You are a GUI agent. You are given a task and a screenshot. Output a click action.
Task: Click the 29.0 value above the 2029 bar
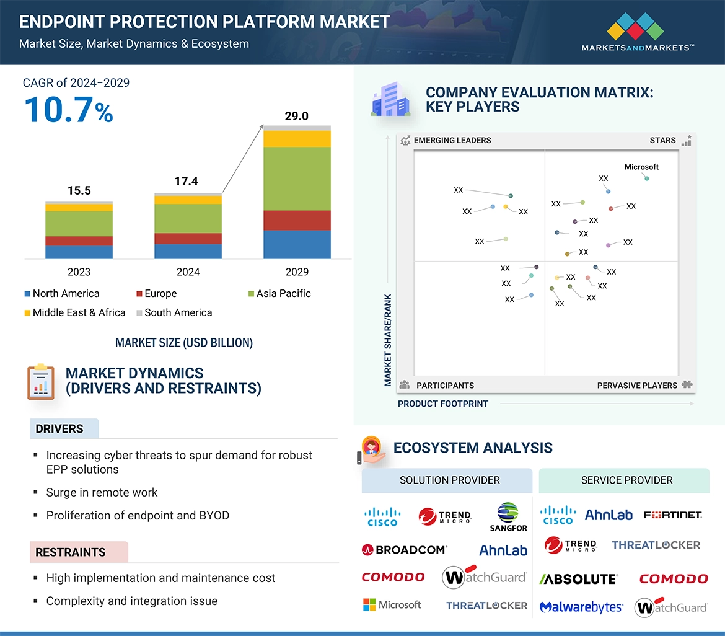296,116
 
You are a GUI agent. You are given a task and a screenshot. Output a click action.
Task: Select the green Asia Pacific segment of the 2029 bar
297,179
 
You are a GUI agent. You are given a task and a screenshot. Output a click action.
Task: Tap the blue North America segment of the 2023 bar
79,252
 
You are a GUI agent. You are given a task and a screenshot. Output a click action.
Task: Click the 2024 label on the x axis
188,272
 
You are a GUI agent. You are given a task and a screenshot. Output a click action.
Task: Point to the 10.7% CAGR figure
68,110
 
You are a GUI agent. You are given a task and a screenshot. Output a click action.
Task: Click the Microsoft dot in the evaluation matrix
647,179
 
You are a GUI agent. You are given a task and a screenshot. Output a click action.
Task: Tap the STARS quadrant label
662,140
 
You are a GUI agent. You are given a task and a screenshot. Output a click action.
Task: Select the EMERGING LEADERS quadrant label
452,140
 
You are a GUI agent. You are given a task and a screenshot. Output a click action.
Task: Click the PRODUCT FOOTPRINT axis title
443,404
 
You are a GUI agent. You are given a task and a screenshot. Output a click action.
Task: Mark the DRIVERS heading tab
59,429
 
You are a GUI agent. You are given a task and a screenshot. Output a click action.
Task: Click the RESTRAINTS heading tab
71,552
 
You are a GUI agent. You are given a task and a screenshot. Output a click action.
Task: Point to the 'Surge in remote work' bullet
102,493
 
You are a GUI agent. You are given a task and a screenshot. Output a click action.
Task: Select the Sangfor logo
508,517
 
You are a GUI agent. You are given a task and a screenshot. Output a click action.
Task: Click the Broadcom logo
404,549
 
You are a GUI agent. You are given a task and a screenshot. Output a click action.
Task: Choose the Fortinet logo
672,515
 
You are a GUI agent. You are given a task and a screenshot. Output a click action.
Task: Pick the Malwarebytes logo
581,607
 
